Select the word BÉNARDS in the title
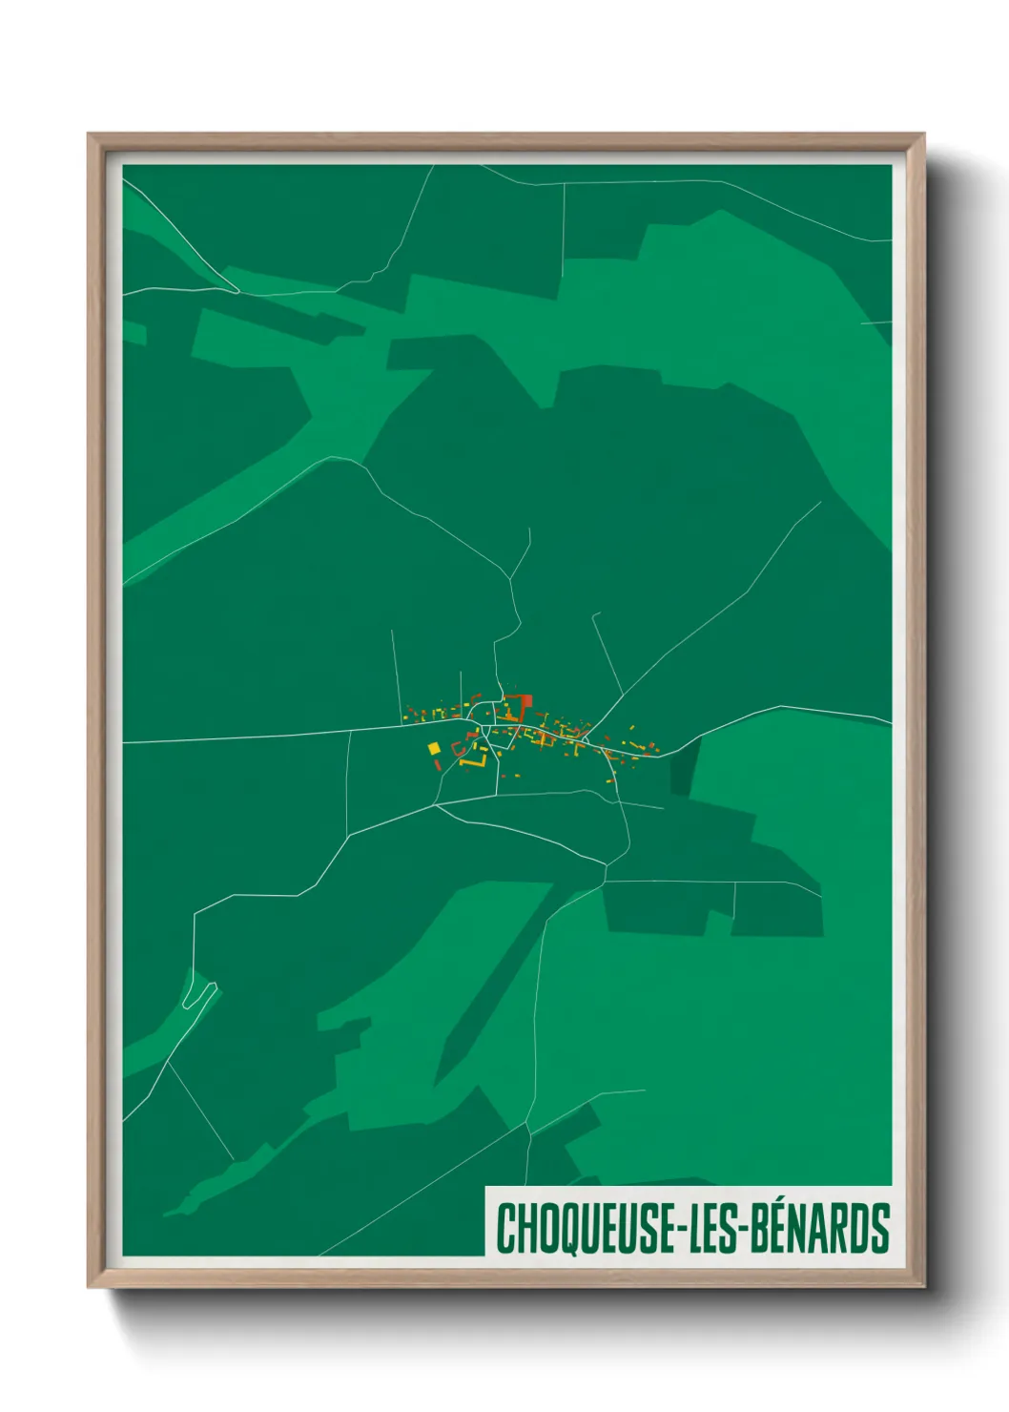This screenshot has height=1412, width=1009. coord(819,1228)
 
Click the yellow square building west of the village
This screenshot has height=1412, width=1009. coord(434,748)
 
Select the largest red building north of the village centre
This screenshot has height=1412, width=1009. coord(524,706)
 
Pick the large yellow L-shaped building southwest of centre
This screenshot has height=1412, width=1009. coord(476,760)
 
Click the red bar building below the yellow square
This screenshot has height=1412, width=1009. coord(438,764)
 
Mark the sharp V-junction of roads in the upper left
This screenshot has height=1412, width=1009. coord(233,289)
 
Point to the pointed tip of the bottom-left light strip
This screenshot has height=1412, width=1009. coord(166,1215)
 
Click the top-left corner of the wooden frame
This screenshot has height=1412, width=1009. coord(90,135)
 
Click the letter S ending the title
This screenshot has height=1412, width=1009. coord(880,1228)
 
